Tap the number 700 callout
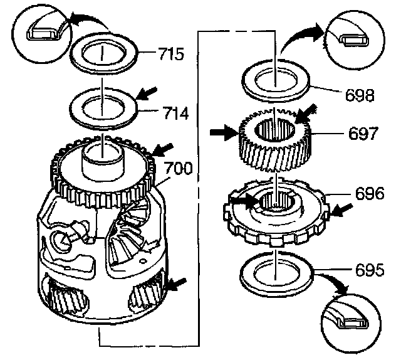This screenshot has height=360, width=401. (x=178, y=168)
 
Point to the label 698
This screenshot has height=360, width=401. (x=360, y=96)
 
